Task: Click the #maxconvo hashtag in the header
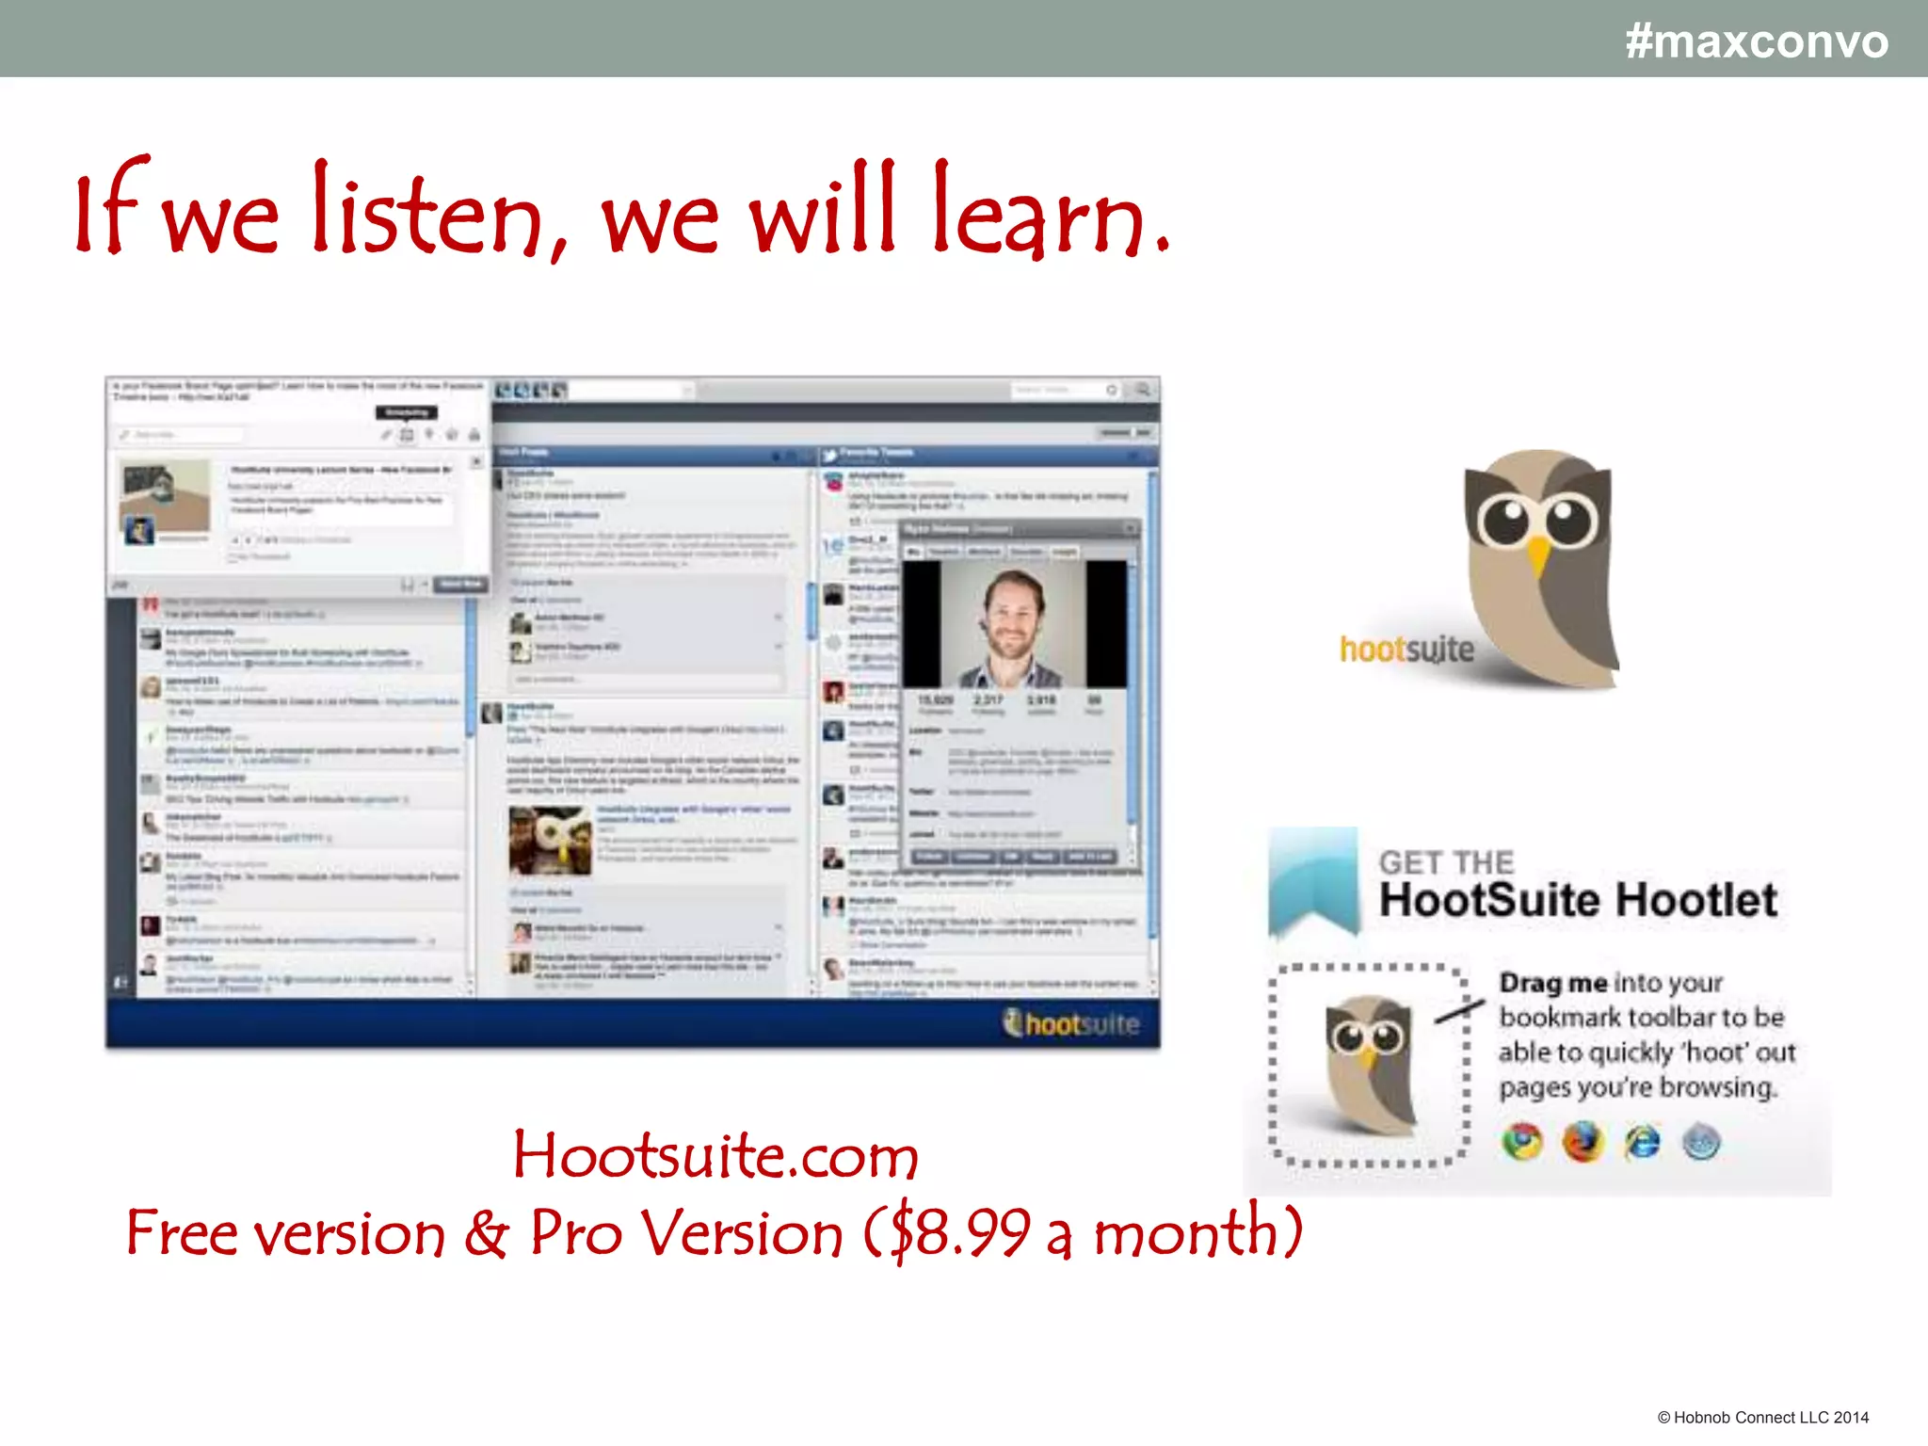pyautogui.click(x=1756, y=41)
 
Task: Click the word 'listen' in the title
pyautogui.click(x=428, y=211)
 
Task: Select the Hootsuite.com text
pyautogui.click(x=715, y=1155)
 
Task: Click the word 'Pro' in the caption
pyautogui.click(x=575, y=1232)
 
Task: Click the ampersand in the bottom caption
pyautogui.click(x=486, y=1232)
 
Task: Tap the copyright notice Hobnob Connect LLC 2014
pyautogui.click(x=1762, y=1417)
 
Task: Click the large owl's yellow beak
pyautogui.click(x=1538, y=555)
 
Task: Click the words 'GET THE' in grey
pyautogui.click(x=1446, y=861)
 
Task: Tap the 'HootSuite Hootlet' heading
pyautogui.click(x=1578, y=900)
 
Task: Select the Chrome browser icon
pyautogui.click(x=1522, y=1142)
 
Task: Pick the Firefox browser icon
pyautogui.click(x=1583, y=1142)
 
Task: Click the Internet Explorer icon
pyautogui.click(x=1643, y=1142)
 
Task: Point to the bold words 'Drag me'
pyautogui.click(x=1553, y=983)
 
